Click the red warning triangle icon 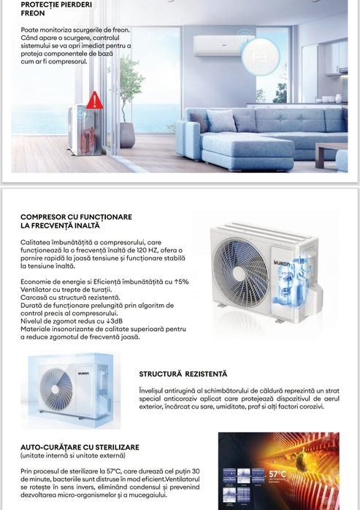coord(94,101)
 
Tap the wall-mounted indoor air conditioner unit coord(218,46)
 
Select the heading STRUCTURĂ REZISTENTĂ coord(183,374)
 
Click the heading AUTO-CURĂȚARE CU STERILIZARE coord(80,447)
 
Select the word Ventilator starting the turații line coord(40,290)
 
